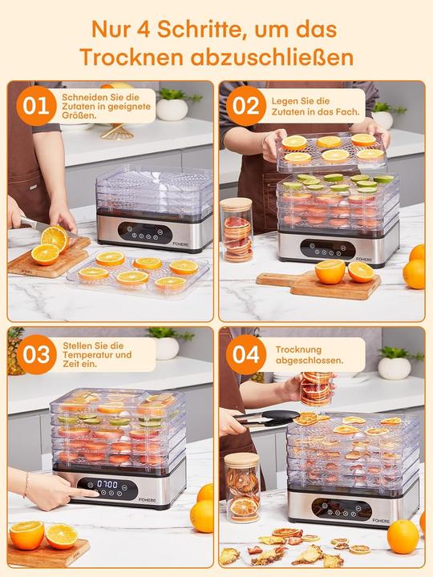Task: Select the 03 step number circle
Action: tap(34, 353)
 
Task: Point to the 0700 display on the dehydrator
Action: tap(108, 485)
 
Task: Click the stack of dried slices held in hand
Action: tap(316, 388)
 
